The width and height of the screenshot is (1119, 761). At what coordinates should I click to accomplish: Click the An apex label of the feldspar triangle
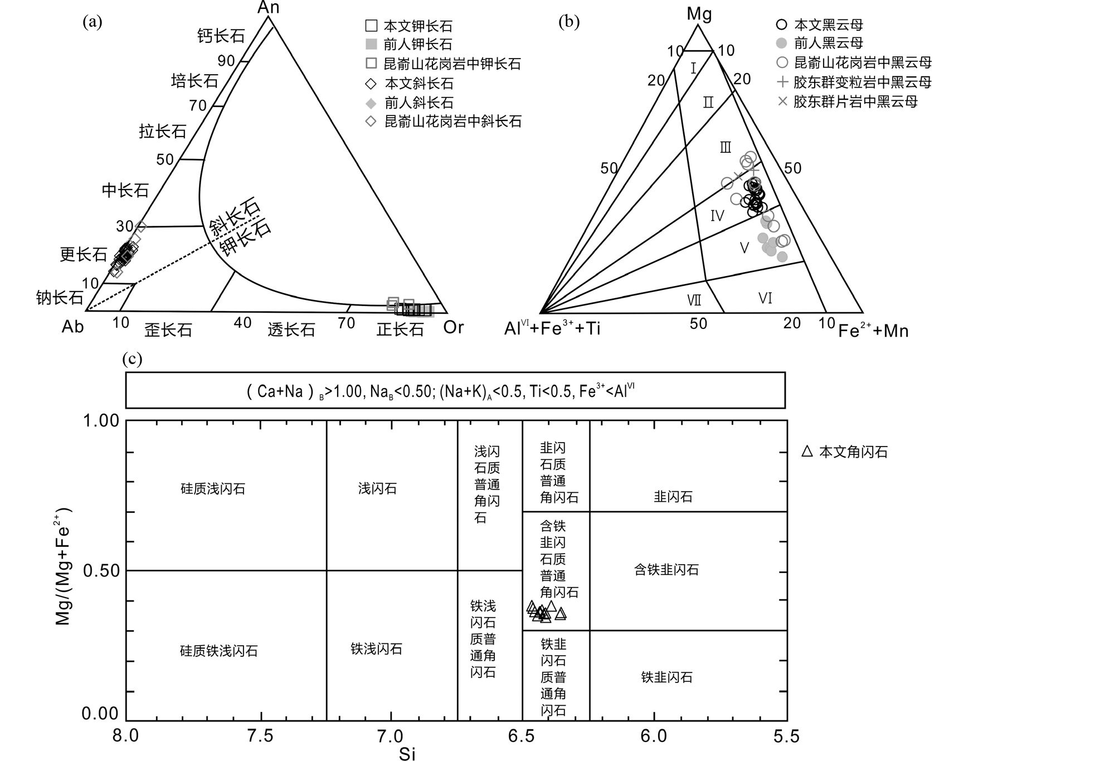268,7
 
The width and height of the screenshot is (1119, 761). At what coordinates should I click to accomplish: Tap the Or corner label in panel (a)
453,327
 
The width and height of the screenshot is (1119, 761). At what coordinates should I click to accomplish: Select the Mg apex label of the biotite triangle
699,14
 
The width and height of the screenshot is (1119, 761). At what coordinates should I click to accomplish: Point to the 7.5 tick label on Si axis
260,736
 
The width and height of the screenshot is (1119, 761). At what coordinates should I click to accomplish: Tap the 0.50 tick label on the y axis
101,571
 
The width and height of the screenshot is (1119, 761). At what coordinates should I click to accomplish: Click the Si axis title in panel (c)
407,754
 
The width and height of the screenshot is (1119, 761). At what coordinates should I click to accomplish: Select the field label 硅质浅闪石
213,489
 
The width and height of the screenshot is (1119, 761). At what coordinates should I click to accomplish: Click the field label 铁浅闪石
377,649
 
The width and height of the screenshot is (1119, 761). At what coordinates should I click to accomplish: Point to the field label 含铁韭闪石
666,570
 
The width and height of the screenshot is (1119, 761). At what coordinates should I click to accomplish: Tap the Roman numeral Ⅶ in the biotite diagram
694,300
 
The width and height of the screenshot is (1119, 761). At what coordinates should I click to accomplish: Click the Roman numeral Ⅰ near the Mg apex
693,69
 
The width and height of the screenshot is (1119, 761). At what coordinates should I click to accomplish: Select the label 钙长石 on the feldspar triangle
221,36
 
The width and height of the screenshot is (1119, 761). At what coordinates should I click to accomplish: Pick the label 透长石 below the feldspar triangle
291,329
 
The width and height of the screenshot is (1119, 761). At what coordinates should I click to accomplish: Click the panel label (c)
132,360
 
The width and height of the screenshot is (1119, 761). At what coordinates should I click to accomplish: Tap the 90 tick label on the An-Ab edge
226,61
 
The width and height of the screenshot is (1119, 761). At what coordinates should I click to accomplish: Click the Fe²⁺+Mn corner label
873,331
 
